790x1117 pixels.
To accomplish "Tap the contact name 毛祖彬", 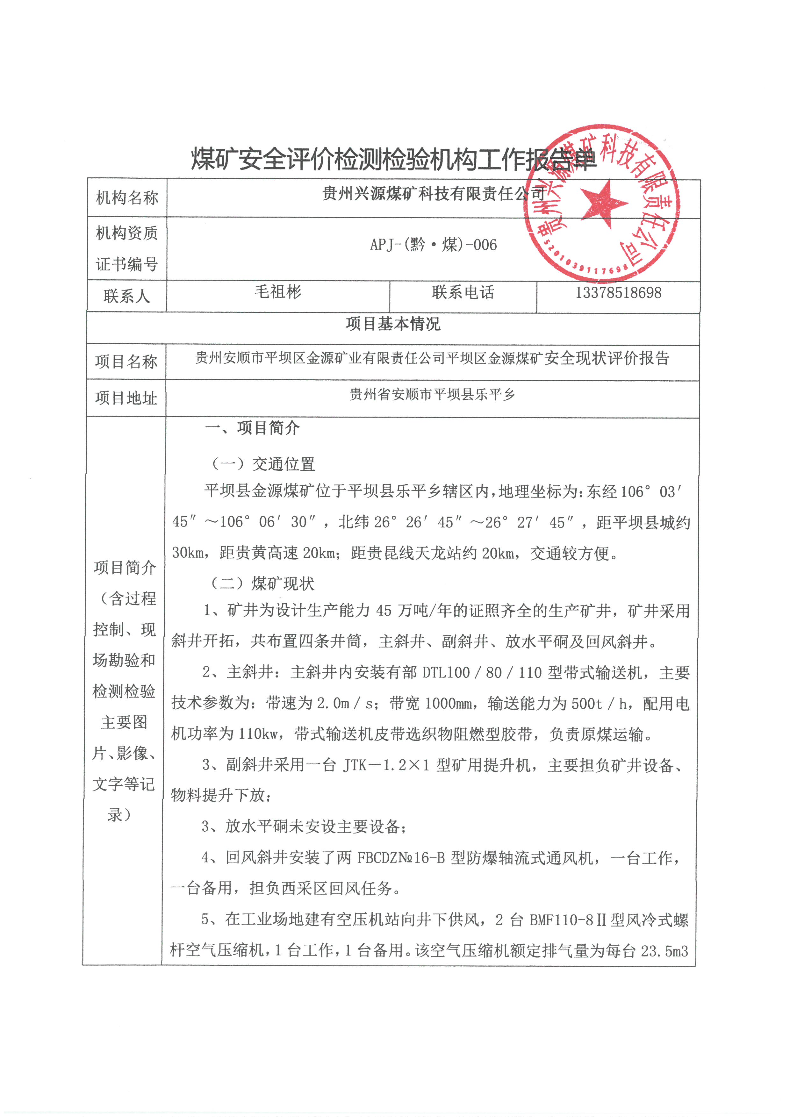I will tap(278, 292).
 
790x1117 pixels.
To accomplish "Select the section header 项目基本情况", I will tap(393, 324).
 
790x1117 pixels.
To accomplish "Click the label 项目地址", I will tap(126, 398).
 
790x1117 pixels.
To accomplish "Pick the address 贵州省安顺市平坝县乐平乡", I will tap(432, 394).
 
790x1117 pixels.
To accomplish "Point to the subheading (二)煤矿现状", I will tap(262, 583).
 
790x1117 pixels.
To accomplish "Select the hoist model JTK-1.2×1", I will tap(386, 765).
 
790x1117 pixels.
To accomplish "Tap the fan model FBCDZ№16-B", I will tap(401, 858).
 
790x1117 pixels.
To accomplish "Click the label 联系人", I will tap(126, 296).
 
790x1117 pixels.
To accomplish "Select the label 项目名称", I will tap(126, 362).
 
